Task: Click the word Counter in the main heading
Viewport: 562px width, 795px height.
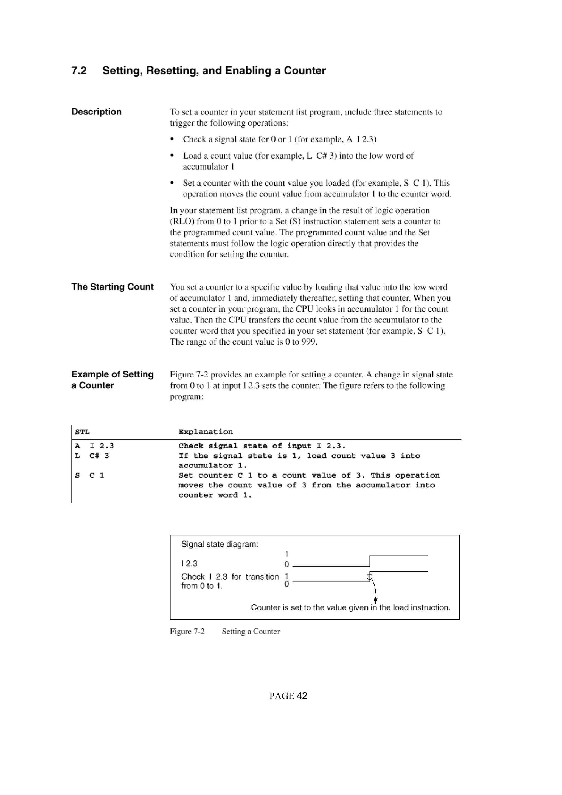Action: [305, 71]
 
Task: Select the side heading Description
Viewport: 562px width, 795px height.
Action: [96, 112]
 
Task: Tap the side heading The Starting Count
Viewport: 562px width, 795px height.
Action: [112, 287]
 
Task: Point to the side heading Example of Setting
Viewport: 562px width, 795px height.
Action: [112, 375]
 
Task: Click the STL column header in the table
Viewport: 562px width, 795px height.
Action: [82, 432]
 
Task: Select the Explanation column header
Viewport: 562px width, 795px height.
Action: [206, 432]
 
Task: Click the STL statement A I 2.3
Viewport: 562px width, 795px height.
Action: [94, 446]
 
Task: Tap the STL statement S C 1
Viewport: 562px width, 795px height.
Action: [90, 475]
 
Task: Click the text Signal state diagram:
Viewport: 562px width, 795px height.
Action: [220, 544]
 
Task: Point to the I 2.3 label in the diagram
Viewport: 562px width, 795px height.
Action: [189, 564]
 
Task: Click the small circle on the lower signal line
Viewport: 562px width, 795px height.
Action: [369, 577]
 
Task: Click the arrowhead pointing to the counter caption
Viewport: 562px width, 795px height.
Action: [375, 601]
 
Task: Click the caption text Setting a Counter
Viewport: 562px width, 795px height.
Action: [251, 632]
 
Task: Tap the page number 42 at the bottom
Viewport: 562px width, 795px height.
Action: [302, 696]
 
